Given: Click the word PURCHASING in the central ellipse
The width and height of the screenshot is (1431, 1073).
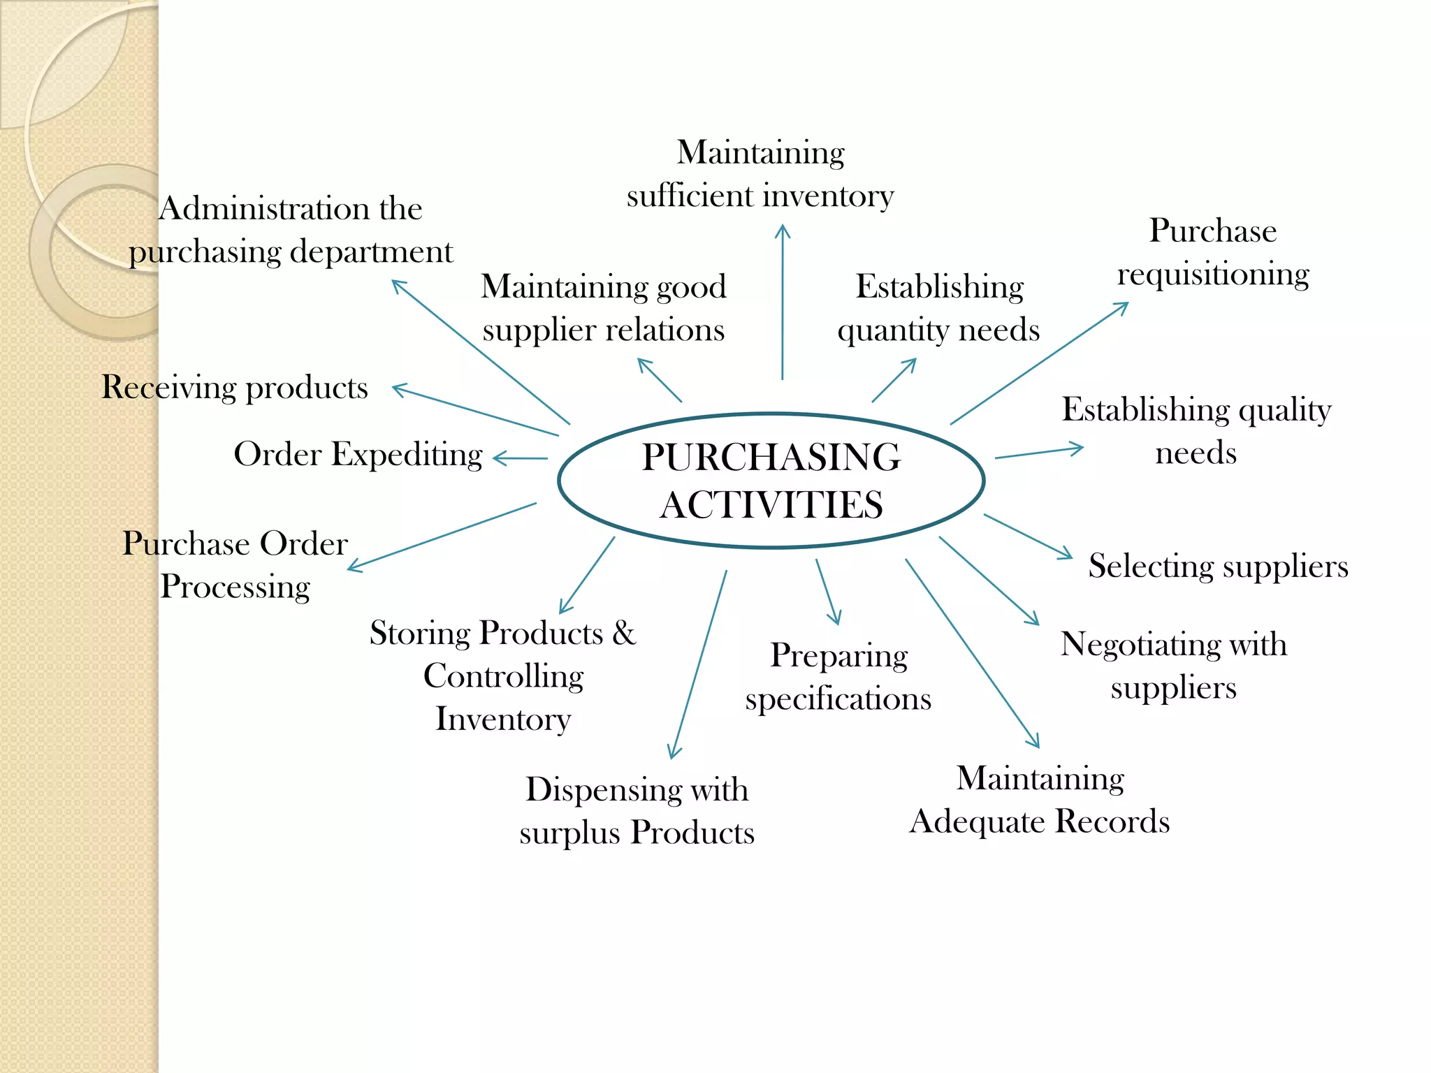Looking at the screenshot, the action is tap(771, 458).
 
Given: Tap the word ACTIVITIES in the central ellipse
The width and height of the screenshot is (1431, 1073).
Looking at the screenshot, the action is tap(771, 505).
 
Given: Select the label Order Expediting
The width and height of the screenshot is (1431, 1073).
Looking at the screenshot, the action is tap(358, 455).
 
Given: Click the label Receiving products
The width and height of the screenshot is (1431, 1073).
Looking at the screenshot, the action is tap(235, 388).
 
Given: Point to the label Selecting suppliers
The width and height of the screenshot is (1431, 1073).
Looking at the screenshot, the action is tap(1218, 566).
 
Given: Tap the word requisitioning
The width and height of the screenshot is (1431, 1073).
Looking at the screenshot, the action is tap(1213, 275).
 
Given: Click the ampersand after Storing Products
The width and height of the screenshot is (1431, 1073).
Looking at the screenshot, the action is tap(624, 633).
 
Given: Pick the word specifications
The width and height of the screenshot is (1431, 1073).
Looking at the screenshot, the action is tap(838, 699).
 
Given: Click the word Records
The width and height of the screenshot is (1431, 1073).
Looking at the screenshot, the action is tap(1112, 822).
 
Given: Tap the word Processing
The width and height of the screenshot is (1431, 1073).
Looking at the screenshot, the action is tap(235, 587).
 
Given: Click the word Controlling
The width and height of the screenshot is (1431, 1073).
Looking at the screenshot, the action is tap(503, 676).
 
